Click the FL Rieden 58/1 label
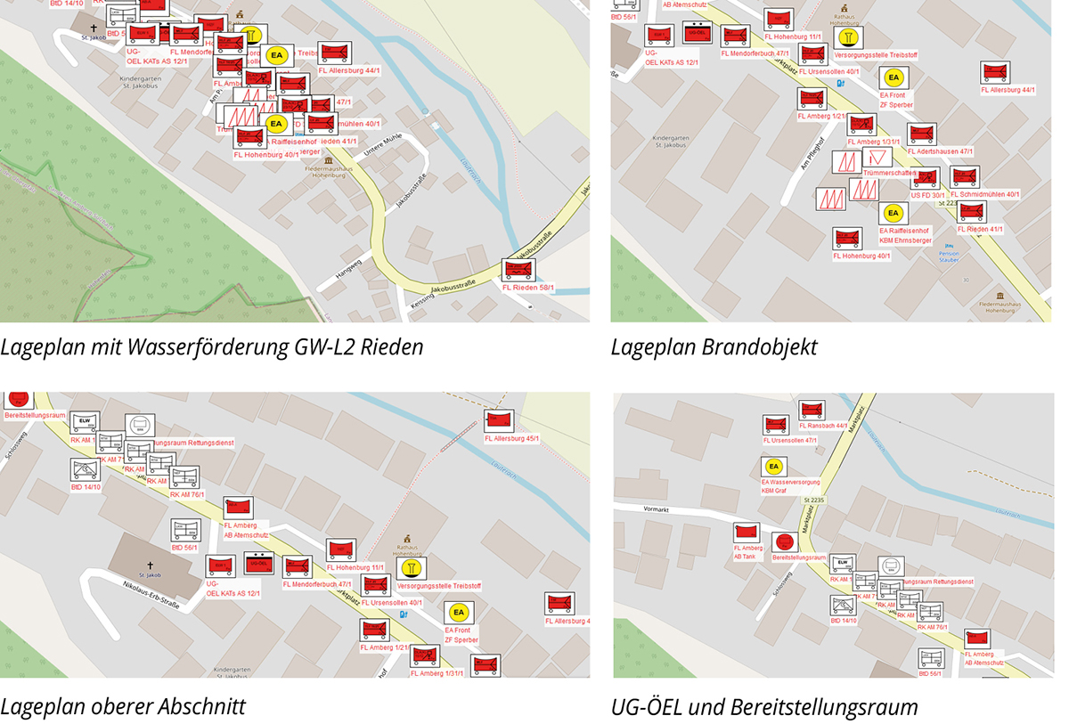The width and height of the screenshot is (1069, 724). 528,288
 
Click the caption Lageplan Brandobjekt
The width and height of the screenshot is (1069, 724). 714,347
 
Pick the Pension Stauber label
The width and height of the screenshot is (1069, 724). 948,256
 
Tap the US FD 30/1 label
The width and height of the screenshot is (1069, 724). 927,194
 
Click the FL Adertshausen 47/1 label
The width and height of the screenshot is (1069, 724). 940,151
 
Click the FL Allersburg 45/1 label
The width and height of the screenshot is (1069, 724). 512,438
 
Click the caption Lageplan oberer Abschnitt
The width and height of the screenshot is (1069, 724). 123,707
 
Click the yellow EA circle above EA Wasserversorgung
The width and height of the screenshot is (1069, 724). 773,467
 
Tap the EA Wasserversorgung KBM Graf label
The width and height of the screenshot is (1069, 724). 796,485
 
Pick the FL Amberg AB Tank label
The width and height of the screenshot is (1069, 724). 747,551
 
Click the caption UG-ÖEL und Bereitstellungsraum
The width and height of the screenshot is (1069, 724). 764,708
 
